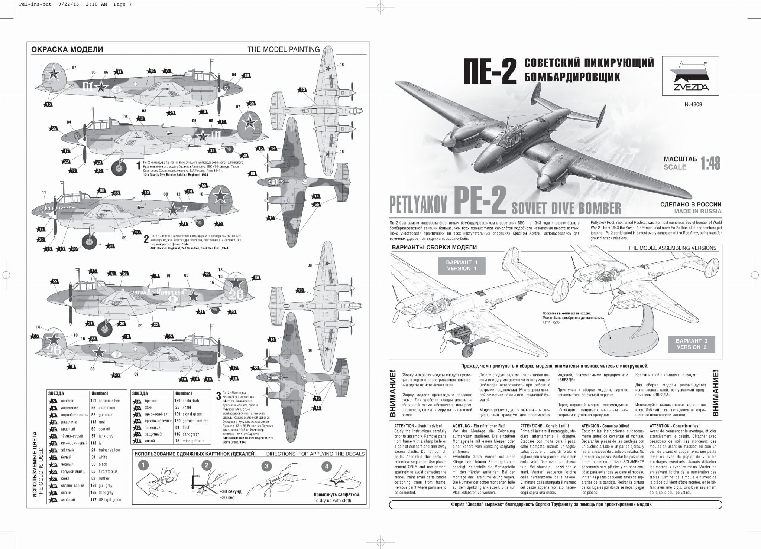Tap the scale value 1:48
[x=710, y=163]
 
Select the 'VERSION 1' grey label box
[x=462, y=265]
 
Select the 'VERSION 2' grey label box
[x=691, y=344]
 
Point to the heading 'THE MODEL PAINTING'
[x=284, y=49]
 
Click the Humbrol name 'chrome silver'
[x=109, y=401]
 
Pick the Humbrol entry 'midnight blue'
[x=193, y=441]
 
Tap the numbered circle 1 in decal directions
[x=143, y=465]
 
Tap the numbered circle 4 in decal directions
[x=327, y=466]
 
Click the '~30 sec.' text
[x=227, y=497]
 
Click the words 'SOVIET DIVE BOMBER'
[x=566, y=208]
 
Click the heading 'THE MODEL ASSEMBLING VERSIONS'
[x=672, y=248]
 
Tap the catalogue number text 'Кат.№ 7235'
[x=551, y=322]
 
